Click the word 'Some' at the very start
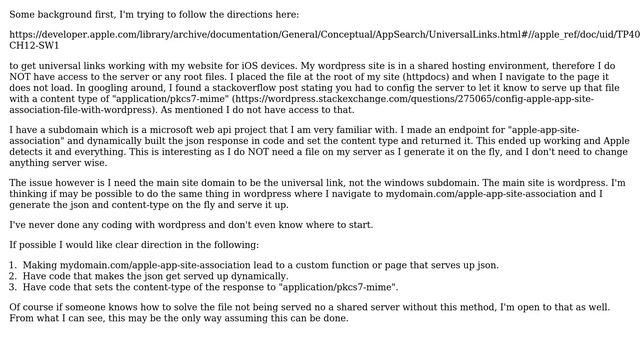tap(25, 15)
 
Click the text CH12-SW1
tap(35, 46)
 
